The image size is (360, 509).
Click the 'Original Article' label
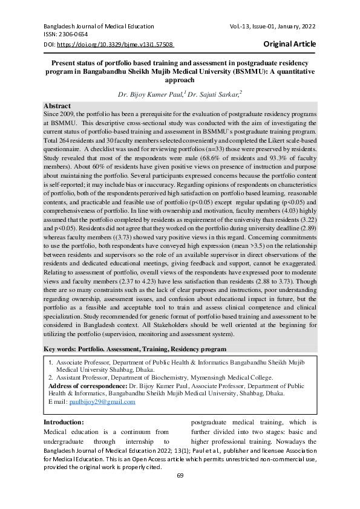[289, 44]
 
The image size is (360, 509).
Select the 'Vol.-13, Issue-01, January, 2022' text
[273, 27]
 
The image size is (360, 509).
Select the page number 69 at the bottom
[180, 475]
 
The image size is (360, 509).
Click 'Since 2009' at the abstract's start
[60, 114]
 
